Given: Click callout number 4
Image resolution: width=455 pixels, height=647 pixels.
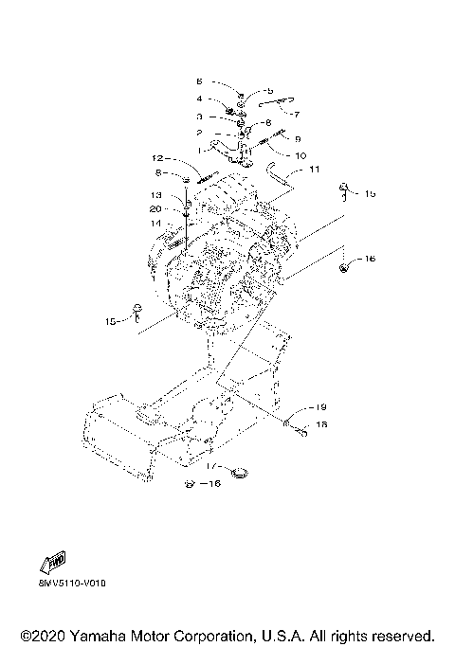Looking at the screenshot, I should coord(199,99).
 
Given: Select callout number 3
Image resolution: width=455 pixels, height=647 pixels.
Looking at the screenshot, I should coord(199,117).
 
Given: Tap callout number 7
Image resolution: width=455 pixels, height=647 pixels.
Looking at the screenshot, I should coord(296,114).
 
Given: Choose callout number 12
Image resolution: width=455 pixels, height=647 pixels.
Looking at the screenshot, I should coord(158,158).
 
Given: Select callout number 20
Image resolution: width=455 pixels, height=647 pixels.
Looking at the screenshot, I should coord(156,208).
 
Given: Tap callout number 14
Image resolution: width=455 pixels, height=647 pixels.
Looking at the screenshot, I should coord(156,223).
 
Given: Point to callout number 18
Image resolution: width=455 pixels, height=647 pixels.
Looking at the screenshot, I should coord(321,426).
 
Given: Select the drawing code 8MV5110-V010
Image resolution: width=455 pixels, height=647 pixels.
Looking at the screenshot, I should coord(73,584).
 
